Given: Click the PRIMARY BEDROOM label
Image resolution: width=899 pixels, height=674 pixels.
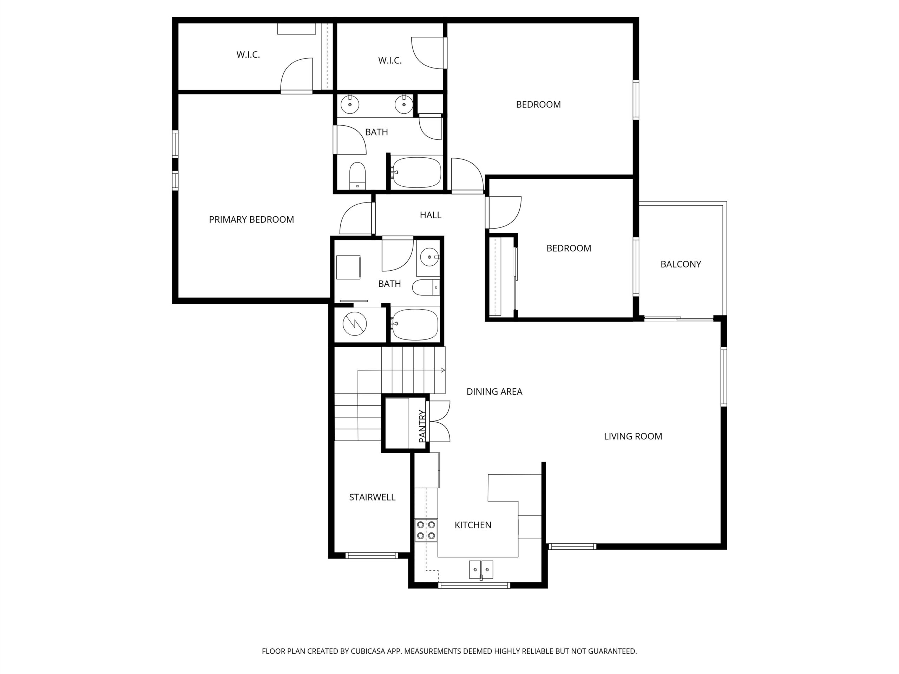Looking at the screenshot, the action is (x=251, y=219).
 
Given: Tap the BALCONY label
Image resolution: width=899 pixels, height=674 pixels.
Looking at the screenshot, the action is (x=681, y=264).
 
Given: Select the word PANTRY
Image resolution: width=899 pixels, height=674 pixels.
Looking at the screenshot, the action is (x=422, y=426).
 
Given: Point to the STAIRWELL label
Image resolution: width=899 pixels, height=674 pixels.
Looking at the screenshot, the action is (x=372, y=497).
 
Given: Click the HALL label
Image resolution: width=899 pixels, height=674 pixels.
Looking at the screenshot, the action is (x=431, y=215).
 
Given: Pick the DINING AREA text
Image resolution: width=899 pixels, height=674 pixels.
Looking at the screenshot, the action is (x=494, y=392).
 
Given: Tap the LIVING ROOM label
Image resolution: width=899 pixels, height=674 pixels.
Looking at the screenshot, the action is (x=633, y=436).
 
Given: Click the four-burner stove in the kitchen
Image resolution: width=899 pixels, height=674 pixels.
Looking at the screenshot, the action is (x=426, y=530).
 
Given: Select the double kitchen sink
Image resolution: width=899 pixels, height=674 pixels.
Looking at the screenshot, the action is (x=481, y=569).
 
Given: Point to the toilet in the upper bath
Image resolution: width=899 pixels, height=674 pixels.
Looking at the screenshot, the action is (x=357, y=176).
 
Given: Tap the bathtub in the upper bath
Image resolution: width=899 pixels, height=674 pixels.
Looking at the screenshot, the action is (x=416, y=172).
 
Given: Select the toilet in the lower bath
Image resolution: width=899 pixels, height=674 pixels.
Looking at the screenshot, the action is (x=426, y=287).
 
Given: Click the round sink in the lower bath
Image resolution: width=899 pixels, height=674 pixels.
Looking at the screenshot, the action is (x=429, y=257).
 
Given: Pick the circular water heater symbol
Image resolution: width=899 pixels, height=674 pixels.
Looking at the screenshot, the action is (x=355, y=324).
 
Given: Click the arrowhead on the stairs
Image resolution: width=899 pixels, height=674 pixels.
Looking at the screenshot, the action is (x=443, y=370).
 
